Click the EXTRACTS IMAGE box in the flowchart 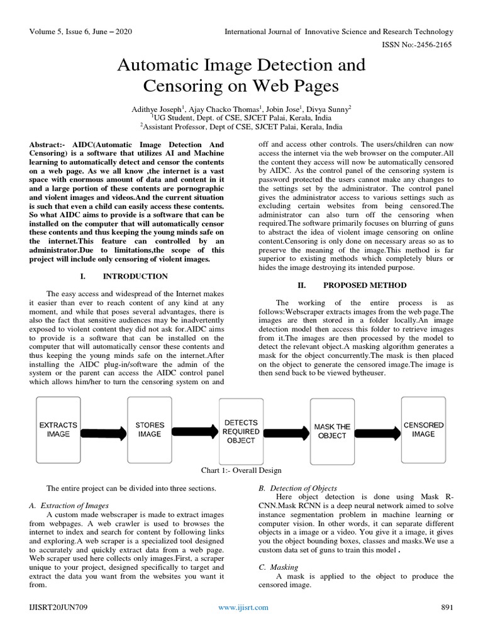(58, 430)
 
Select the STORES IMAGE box (150, 430)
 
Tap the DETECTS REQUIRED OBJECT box (241, 431)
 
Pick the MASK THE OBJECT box (332, 431)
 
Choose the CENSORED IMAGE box (423, 430)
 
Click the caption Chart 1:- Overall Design (241, 470)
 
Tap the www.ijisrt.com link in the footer (243, 607)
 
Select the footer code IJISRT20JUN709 (56, 607)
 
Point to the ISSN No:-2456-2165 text (421, 45)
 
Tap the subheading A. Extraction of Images (69, 505)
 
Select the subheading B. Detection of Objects (298, 488)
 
